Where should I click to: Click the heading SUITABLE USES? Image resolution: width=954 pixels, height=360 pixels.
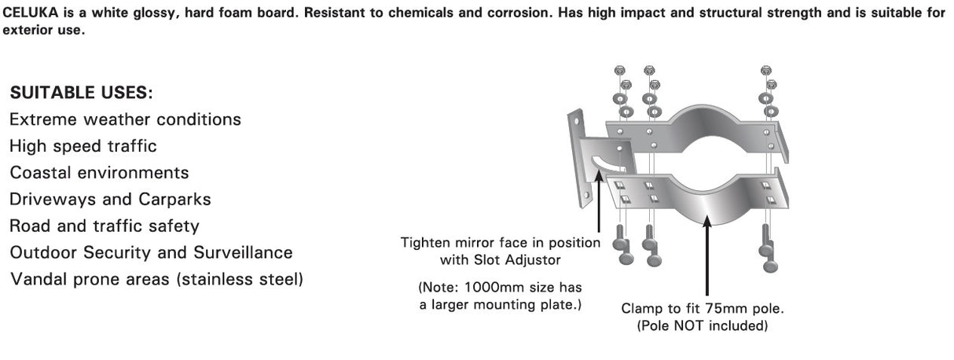81,94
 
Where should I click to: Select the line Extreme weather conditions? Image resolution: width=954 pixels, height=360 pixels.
125,120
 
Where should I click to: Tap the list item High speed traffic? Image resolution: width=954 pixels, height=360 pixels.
83,146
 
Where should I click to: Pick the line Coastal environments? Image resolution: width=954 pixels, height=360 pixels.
99,173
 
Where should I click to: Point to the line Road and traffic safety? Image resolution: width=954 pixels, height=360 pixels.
104,226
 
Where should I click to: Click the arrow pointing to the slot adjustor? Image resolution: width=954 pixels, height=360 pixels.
599,197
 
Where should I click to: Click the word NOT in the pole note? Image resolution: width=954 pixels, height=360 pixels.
691,325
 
